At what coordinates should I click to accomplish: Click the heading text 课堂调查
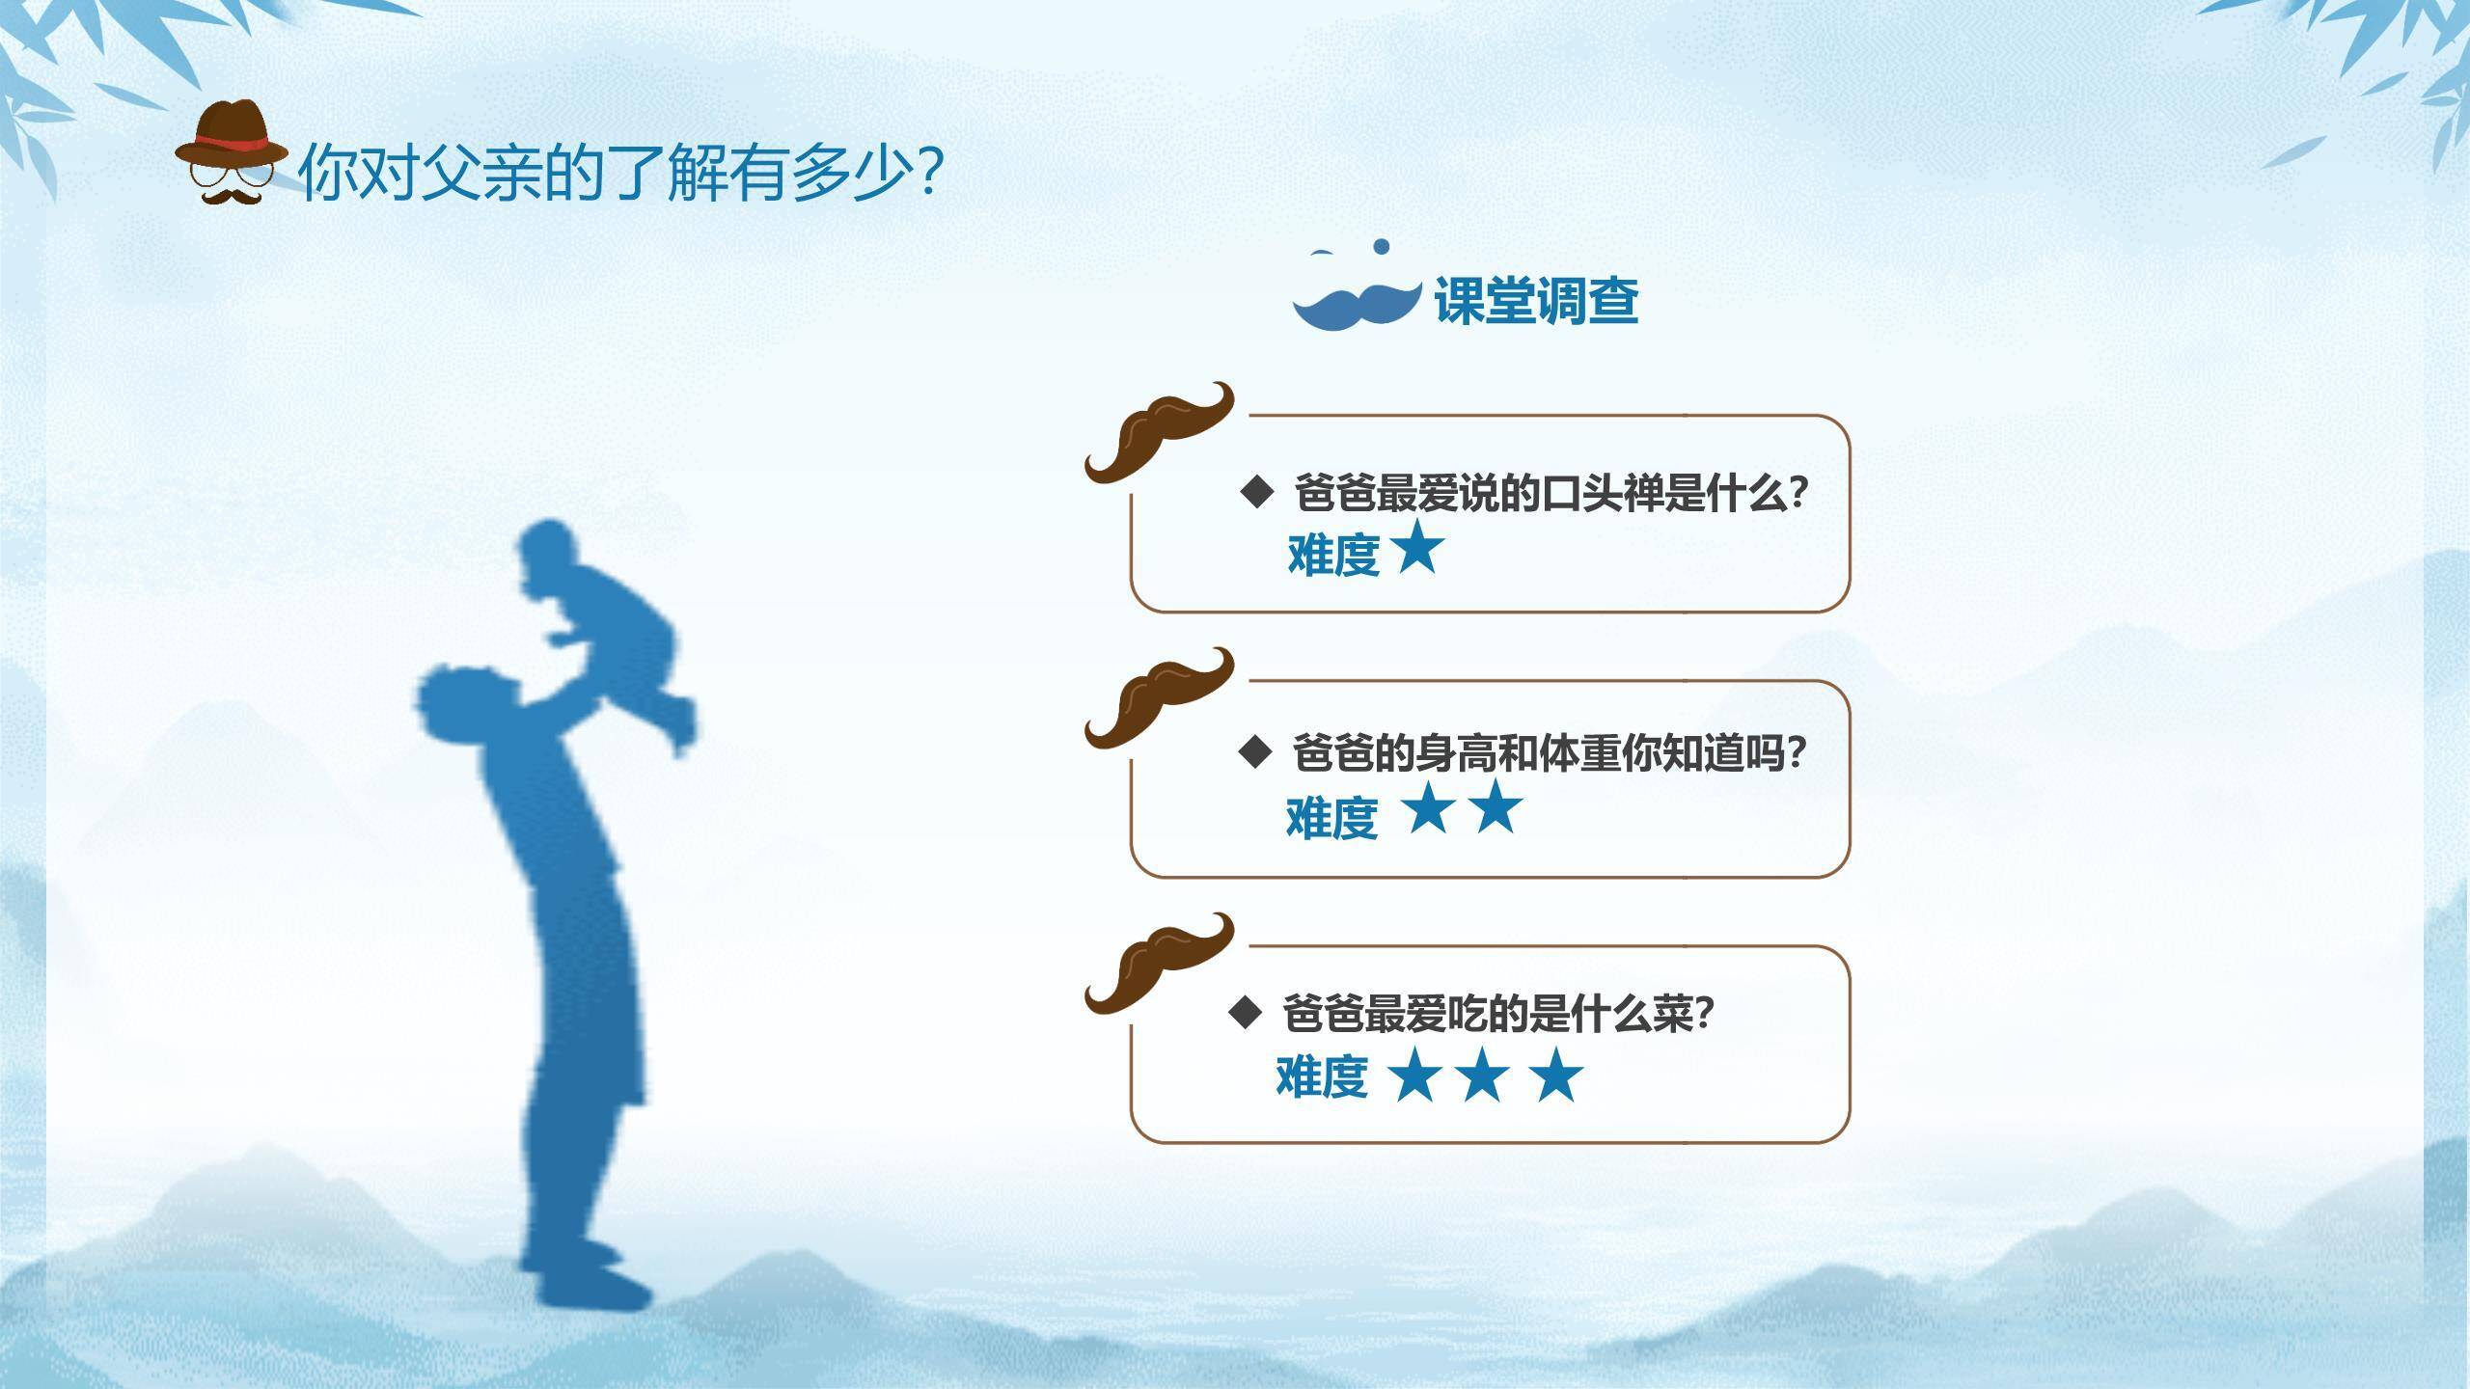click(1536, 300)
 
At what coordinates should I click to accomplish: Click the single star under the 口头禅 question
click(1416, 550)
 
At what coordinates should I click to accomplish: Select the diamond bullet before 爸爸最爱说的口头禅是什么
click(1257, 492)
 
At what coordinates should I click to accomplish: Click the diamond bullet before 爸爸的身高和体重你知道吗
click(1255, 751)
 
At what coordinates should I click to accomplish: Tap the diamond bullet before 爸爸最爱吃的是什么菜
click(1246, 1013)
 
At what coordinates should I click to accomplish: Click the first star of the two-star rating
click(1429, 808)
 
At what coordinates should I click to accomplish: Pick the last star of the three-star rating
click(1556, 1076)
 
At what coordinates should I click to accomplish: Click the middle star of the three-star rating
click(1483, 1076)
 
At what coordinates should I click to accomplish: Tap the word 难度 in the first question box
click(1333, 555)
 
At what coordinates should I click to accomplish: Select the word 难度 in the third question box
click(1322, 1076)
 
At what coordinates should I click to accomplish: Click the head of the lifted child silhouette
click(550, 555)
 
